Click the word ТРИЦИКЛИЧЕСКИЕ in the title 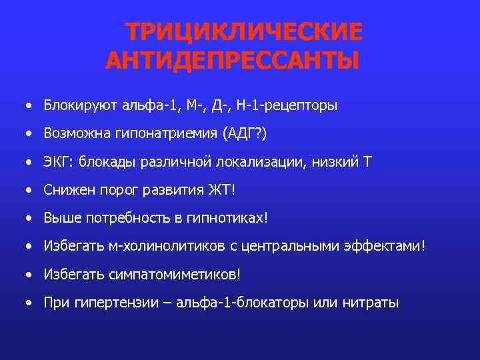pyautogui.click(x=245, y=32)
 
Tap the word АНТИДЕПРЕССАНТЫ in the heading pyautogui.click(x=231, y=61)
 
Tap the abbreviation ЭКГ pyautogui.click(x=56, y=162)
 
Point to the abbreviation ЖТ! pyautogui.click(x=223, y=190)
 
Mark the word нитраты pyautogui.click(x=371, y=303)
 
